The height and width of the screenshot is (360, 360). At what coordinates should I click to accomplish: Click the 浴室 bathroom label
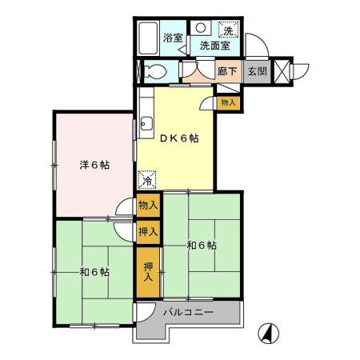[x=173, y=38]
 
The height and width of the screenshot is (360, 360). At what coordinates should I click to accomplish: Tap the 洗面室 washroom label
[x=214, y=46]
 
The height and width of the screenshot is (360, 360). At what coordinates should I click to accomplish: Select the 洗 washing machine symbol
[x=229, y=30]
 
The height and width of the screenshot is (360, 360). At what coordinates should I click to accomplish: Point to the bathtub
[x=149, y=37]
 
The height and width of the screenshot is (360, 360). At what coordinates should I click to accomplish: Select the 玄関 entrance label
[x=257, y=71]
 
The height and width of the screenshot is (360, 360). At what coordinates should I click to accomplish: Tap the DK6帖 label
[x=178, y=138]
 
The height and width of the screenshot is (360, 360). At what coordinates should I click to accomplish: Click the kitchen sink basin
[x=146, y=124]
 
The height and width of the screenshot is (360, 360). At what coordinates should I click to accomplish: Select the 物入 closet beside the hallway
[x=228, y=102]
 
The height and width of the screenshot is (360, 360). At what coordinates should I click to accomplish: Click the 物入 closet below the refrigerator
[x=148, y=206]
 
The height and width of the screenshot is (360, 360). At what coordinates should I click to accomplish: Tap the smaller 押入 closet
[x=148, y=231]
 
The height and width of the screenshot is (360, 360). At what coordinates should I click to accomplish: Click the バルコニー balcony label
[x=189, y=312]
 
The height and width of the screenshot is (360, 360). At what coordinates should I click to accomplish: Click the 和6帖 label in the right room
[x=202, y=246]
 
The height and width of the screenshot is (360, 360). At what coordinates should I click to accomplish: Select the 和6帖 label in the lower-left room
[x=94, y=271]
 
